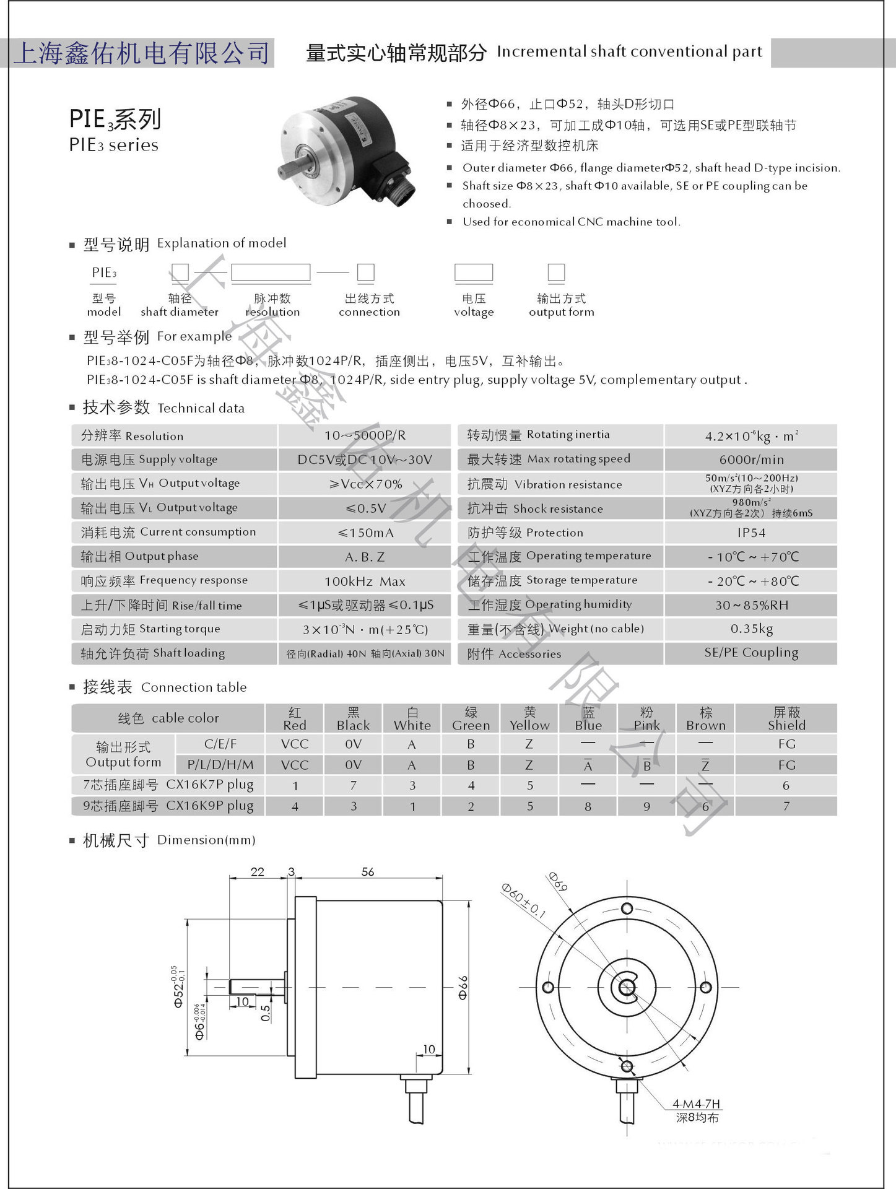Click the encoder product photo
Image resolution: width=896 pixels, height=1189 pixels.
[347, 149]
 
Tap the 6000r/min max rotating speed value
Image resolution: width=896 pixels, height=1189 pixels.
[751, 459]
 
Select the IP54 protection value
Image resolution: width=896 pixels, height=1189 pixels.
[751, 533]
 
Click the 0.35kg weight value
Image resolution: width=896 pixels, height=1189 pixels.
[751, 629]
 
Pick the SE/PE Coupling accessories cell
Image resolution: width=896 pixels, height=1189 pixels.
[751, 653]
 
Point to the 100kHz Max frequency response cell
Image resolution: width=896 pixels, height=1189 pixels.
[365, 581]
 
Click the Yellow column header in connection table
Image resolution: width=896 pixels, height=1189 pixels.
[529, 718]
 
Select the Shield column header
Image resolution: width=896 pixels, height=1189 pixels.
[786, 718]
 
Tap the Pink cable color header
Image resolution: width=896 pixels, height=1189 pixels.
[646, 718]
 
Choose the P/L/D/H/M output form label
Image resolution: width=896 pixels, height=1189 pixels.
[220, 765]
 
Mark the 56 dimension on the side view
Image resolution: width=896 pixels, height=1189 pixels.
[368, 872]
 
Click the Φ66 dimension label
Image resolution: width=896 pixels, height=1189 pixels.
[463, 987]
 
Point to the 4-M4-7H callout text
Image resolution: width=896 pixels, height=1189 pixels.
[697, 1104]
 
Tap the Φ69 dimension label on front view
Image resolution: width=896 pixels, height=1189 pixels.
[558, 881]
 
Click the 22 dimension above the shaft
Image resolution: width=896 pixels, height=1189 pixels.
[258, 872]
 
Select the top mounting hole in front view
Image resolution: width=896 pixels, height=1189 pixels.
[627, 908]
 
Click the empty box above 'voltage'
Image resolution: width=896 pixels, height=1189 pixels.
[474, 272]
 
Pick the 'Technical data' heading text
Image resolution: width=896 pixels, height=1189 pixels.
[201, 408]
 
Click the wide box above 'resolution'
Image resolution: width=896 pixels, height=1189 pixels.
[271, 272]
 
